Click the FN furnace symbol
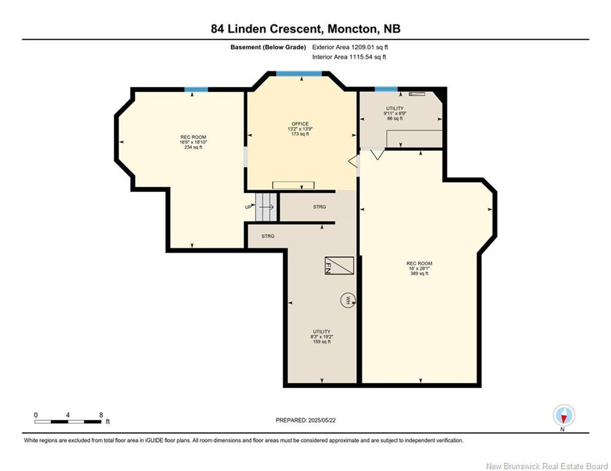[x=339, y=266]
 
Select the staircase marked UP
[x=267, y=207]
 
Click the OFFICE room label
[x=300, y=124]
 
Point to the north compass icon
[x=563, y=415]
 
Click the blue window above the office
[x=298, y=74]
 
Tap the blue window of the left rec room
[x=196, y=90]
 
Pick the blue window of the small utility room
[x=386, y=90]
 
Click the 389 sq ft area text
[x=419, y=274]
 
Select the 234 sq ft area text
[x=193, y=147]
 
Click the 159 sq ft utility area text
[x=321, y=342]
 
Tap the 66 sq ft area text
[x=394, y=118]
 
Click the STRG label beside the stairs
[x=319, y=207]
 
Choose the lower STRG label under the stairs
[x=268, y=235]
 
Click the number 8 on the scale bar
[x=101, y=415]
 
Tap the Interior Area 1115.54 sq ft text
[x=349, y=57]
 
